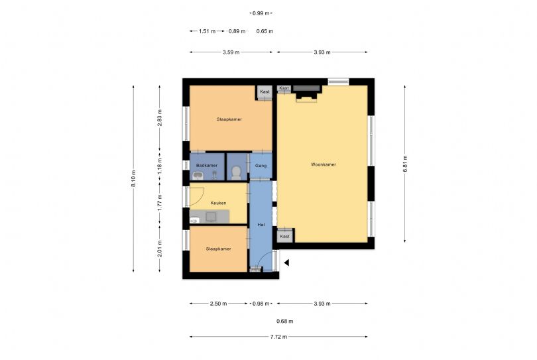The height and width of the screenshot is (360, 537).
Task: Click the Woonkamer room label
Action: [324, 164]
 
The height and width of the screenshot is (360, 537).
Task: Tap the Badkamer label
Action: [206, 166]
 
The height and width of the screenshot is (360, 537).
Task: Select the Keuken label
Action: [218, 203]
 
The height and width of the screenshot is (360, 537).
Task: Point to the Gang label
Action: [261, 166]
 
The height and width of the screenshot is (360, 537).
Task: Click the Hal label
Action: [261, 225]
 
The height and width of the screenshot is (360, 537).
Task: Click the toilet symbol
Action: [236, 173]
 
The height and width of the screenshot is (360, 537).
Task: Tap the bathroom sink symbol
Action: [198, 176]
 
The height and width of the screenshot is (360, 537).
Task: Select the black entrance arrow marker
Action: [286, 263]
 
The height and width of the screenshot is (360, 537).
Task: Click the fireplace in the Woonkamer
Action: [306, 93]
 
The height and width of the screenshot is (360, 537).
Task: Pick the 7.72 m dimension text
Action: [278, 337]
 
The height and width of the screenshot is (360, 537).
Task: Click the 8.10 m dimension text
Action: [133, 178]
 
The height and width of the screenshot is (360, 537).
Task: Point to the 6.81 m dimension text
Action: [405, 164]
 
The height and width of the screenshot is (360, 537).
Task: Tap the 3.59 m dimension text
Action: [231, 52]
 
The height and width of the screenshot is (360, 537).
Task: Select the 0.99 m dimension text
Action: [261, 13]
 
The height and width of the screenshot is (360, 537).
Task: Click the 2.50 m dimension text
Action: [219, 304]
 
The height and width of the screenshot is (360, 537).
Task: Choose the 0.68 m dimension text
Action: [285, 322]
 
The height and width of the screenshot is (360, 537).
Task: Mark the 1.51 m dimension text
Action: [208, 31]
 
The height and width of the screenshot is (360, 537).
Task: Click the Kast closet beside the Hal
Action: [284, 235]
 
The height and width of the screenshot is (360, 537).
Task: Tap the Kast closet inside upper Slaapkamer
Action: [265, 91]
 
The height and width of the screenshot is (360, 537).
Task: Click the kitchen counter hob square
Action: [211, 216]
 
